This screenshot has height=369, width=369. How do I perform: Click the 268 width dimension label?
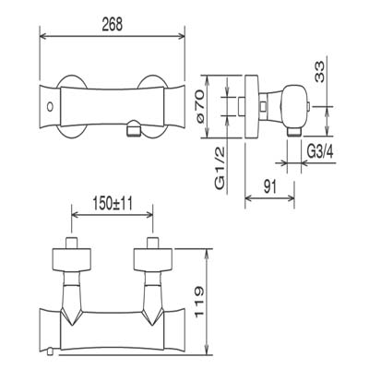[113, 24]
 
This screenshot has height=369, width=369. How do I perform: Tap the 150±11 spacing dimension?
[113, 204]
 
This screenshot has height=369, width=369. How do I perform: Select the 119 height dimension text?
[198, 302]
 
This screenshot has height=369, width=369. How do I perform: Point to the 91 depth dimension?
[270, 186]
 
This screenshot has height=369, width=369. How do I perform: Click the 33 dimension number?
[319, 72]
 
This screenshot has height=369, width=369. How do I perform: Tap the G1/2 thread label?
[220, 168]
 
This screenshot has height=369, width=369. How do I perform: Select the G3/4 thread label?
[320, 151]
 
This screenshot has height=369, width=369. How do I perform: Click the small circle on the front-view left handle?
[49, 107]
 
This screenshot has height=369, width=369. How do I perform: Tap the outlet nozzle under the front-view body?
[134, 128]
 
